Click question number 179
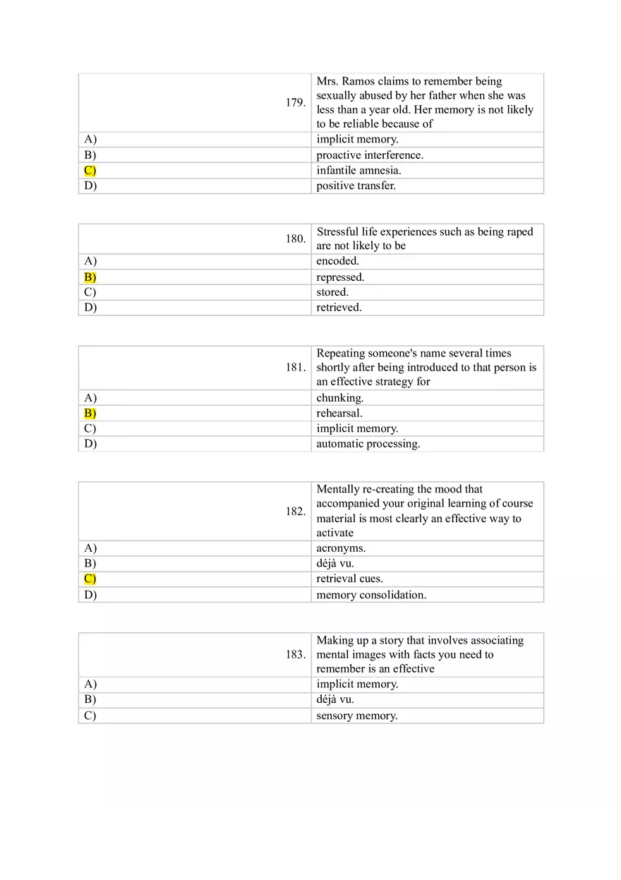coord(296,103)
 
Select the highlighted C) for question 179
coord(90,170)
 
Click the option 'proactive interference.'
coord(370,155)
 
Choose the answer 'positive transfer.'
coord(356,186)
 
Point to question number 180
coord(296,239)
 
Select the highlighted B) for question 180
coord(90,277)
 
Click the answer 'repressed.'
coord(340,277)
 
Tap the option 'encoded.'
coord(337,261)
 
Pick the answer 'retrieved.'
coord(339,307)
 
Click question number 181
coord(296,368)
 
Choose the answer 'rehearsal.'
coord(339,413)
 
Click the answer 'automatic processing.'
coord(368,444)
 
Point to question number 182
coord(296,511)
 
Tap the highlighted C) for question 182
coord(90,579)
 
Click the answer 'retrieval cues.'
coord(350,579)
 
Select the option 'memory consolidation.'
coord(371,594)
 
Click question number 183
coord(296,655)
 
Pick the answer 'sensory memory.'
coord(357,716)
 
